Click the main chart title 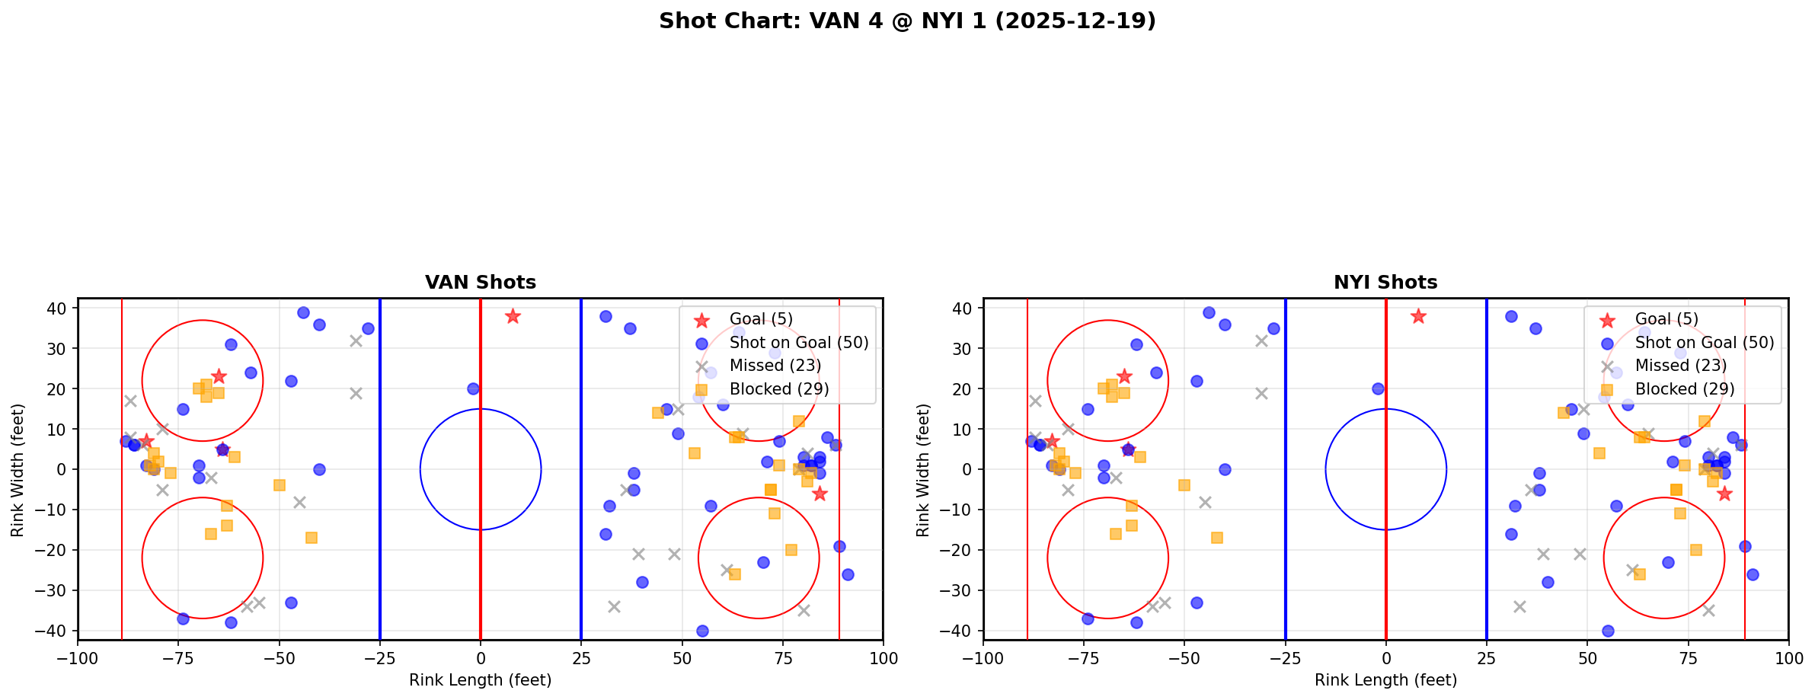click(907, 21)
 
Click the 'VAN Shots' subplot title click(480, 283)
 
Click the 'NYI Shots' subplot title click(1385, 283)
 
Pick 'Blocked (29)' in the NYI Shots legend click(1684, 389)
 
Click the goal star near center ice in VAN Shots click(513, 316)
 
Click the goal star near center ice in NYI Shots click(1418, 316)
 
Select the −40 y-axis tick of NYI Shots click(963, 631)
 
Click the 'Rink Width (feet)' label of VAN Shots click(18, 470)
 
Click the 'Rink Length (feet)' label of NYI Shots click(1385, 680)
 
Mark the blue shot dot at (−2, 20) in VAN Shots click(473, 388)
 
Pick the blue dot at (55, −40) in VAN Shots click(702, 631)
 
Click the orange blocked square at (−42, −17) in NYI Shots click(1217, 538)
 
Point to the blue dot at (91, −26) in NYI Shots click(1753, 574)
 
